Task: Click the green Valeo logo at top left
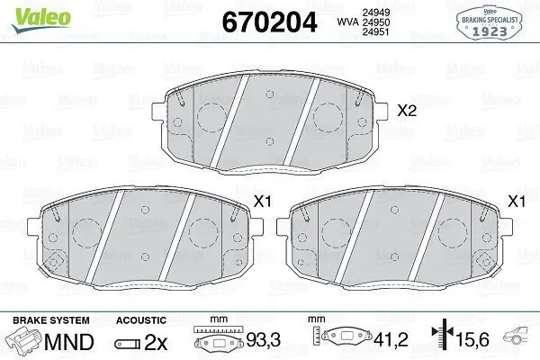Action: [41, 19]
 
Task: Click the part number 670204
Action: [269, 22]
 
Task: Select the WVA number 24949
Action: [375, 13]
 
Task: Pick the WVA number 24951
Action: [375, 31]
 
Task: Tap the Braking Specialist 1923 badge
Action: [489, 22]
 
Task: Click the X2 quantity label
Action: [407, 111]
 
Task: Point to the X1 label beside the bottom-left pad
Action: [263, 202]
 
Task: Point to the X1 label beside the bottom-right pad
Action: [517, 202]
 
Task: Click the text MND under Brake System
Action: [69, 342]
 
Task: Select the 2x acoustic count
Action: [156, 342]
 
